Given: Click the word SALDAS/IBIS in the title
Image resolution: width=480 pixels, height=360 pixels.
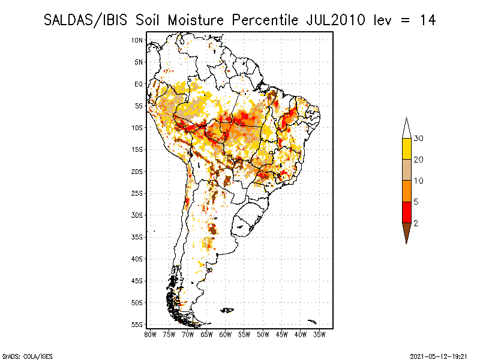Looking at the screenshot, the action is tap(85, 20).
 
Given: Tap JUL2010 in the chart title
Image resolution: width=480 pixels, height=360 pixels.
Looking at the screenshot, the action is tap(335, 20).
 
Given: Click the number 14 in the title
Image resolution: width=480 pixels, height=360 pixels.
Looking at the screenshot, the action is tap(428, 20).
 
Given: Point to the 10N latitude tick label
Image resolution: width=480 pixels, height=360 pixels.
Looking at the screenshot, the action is tap(137, 40).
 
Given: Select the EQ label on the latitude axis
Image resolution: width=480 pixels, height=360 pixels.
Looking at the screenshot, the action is tap(139, 84).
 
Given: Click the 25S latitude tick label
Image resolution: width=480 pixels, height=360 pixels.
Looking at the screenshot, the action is tap(137, 193).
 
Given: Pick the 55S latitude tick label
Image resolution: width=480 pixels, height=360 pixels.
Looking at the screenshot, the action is tap(137, 325).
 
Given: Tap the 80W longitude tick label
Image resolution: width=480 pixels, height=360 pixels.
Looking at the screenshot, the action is tap(150, 335).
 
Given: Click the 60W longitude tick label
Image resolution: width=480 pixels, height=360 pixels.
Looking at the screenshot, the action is tap(226, 335).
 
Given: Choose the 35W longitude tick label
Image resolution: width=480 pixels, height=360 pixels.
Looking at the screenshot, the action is tap(319, 335).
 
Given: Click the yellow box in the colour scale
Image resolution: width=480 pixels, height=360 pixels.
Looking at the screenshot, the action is tap(407, 149).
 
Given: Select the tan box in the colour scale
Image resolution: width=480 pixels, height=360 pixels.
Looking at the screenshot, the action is tap(407, 170).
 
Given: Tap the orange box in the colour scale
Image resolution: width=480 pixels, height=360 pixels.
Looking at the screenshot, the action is tap(407, 191).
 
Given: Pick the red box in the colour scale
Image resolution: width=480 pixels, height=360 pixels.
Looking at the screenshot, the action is tap(407, 212).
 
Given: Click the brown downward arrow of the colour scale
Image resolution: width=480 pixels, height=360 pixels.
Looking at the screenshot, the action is tap(407, 231).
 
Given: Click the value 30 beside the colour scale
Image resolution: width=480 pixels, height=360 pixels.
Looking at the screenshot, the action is tap(418, 139).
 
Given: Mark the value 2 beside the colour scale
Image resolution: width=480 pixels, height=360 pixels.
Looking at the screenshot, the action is tap(416, 223).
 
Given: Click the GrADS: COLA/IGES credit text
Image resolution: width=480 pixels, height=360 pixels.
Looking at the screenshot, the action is tap(27, 356).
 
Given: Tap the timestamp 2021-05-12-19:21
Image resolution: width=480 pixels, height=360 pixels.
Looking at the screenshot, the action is tap(439, 356).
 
